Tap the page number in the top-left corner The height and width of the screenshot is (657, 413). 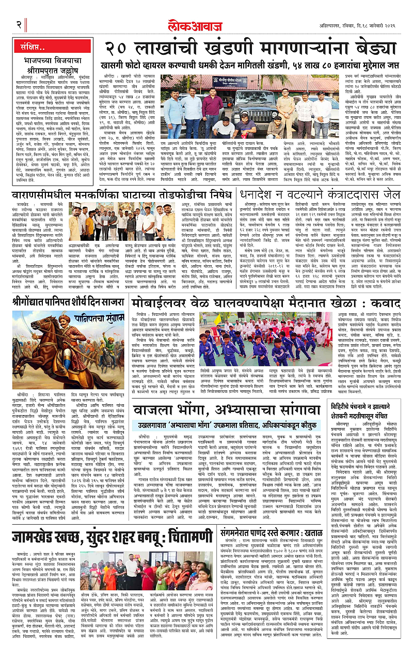click(x=19, y=25)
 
